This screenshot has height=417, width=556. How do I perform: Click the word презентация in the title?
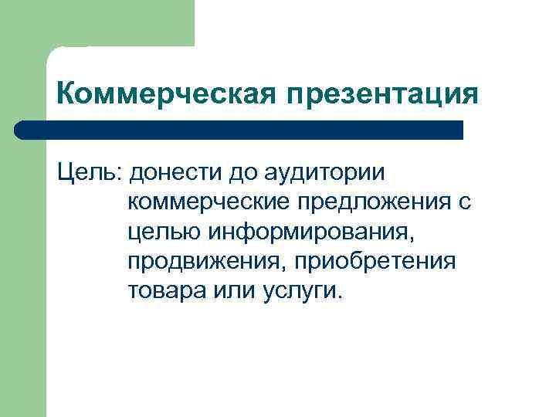pyautogui.click(x=382, y=95)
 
